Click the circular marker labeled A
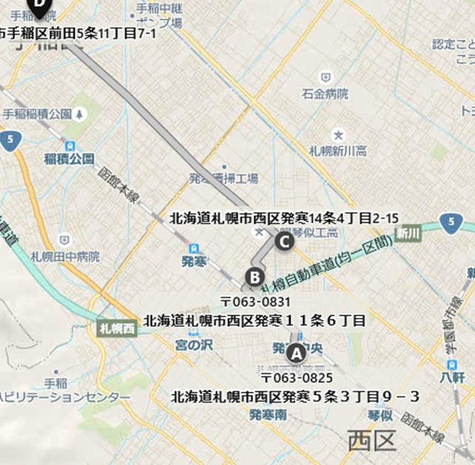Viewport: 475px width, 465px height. tap(296, 353)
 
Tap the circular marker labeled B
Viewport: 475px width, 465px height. tap(255, 278)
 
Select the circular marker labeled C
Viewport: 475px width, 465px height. tap(283, 240)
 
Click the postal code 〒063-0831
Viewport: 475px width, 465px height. tap(255, 302)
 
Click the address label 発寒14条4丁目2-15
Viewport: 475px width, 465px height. tap(285, 218)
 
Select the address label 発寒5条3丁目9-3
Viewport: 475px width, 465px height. tap(295, 397)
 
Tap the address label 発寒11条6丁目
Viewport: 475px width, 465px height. tap(255, 320)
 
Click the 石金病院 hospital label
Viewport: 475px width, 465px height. tap(324, 94)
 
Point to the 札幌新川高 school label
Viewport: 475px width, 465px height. tap(337, 151)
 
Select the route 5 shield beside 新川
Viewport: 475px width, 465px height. tap(449, 223)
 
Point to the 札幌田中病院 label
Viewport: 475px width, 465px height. tap(65, 256)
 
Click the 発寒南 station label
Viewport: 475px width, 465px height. tap(269, 415)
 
